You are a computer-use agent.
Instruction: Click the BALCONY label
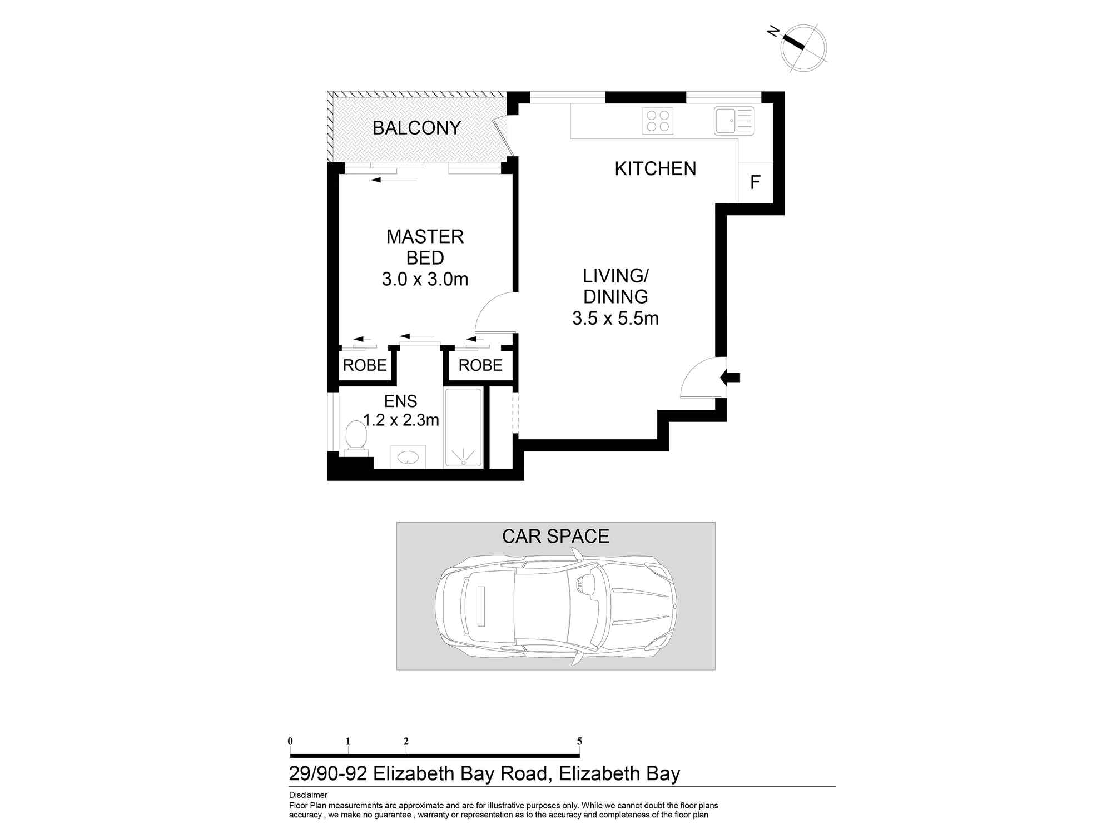tap(416, 128)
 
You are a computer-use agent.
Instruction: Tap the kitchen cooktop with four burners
tap(658, 121)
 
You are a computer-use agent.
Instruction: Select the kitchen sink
tap(734, 121)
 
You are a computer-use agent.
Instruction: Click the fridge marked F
tap(755, 182)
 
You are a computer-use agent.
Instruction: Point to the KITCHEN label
tap(655, 168)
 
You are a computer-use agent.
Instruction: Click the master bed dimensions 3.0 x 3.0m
tap(425, 279)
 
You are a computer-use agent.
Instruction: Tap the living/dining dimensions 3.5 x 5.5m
tap(615, 319)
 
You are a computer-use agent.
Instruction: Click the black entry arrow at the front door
tap(730, 378)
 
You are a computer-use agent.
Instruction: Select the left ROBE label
tap(365, 365)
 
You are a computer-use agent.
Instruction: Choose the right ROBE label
tap(480, 365)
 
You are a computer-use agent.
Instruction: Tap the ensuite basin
tap(408, 456)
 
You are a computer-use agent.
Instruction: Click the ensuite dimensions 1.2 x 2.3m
tap(401, 420)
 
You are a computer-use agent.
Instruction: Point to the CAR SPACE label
tap(555, 536)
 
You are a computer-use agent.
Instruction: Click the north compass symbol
tap(803, 48)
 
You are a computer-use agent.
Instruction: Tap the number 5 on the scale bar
tap(579, 741)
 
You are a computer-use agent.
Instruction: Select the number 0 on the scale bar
tap(290, 741)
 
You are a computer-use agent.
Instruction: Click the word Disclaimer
tap(308, 795)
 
